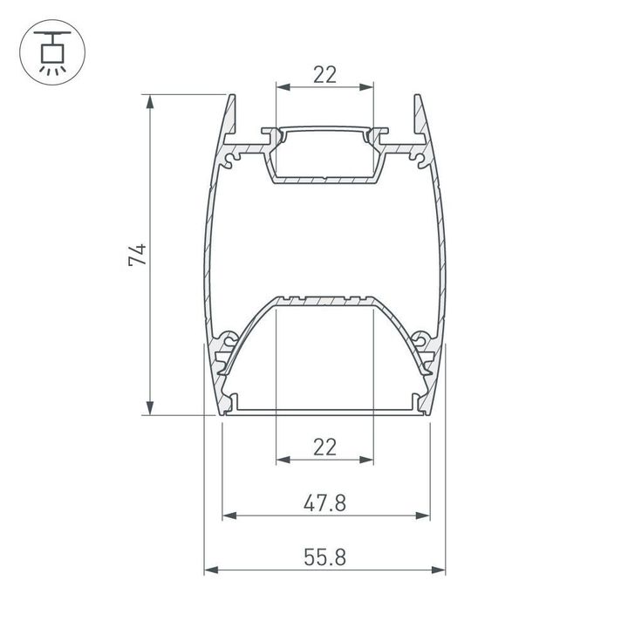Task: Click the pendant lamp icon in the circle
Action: point(51,51)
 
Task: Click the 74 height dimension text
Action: point(137,256)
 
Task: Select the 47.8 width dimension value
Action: point(324,502)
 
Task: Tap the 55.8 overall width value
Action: point(324,557)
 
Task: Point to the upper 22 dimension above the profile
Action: point(324,74)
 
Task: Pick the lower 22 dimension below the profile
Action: point(324,447)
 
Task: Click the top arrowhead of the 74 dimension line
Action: point(151,100)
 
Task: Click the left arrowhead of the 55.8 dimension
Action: point(210,571)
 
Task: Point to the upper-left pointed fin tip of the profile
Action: point(233,96)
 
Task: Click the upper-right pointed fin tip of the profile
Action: point(417,96)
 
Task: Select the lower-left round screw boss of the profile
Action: point(230,338)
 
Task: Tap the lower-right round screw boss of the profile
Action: point(420,338)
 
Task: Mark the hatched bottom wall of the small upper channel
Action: point(324,180)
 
